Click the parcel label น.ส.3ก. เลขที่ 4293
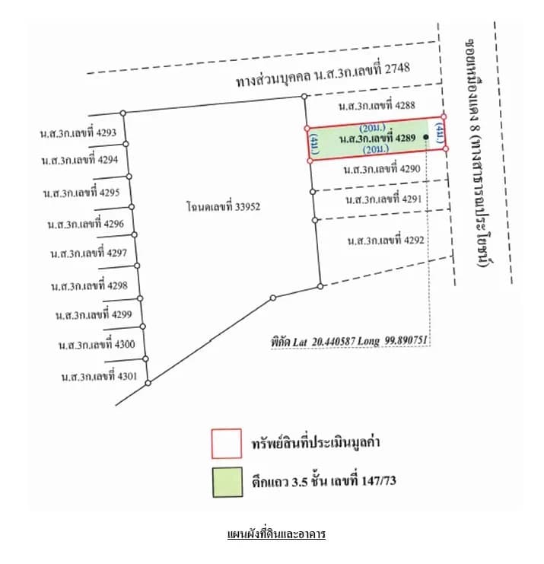[78, 132]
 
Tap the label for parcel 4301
[99, 376]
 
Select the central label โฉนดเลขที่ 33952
[223, 206]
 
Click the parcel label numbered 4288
[377, 105]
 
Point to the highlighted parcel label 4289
[377, 138]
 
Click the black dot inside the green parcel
[426, 137]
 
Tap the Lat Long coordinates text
[349, 341]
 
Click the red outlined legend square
[227, 444]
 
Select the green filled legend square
[227, 482]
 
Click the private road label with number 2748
[323, 75]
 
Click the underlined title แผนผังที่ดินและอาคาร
[276, 534]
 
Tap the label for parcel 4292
[386, 241]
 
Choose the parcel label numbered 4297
[89, 253]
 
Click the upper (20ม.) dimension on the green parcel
[373, 127]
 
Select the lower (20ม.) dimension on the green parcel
[376, 149]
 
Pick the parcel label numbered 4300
[97, 345]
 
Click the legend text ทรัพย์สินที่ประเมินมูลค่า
[316, 442]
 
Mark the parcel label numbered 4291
[383, 199]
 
